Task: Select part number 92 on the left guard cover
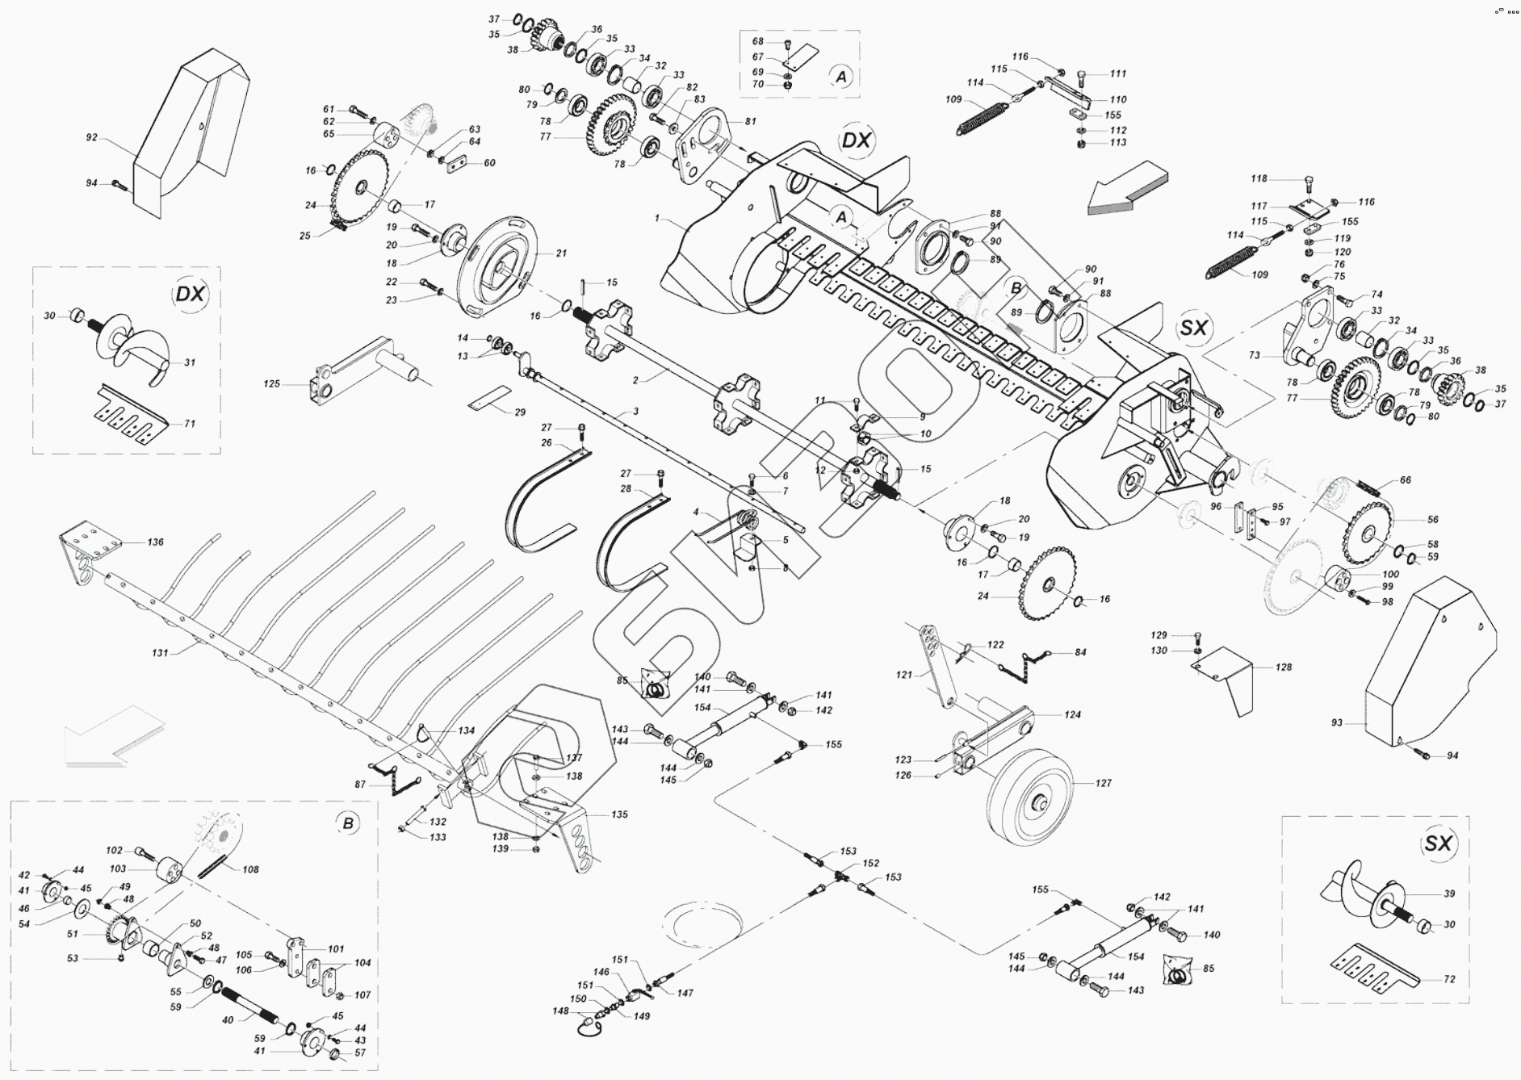pos(92,138)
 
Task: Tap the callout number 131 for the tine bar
pos(160,652)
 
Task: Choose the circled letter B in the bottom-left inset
pos(348,823)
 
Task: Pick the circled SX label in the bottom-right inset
pos(1438,843)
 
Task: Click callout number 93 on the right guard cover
pos(1336,722)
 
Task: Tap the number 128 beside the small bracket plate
pos(1283,667)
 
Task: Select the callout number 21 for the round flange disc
pos(561,253)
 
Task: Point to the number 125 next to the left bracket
pos(271,383)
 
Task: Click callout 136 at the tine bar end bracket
pos(155,542)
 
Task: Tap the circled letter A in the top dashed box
pos(840,77)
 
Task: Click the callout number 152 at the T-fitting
pos(870,863)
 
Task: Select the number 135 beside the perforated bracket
pos(618,814)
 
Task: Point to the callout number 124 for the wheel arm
pos(1072,714)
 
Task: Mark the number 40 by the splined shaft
pos(228,1020)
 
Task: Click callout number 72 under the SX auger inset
pos(1448,979)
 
